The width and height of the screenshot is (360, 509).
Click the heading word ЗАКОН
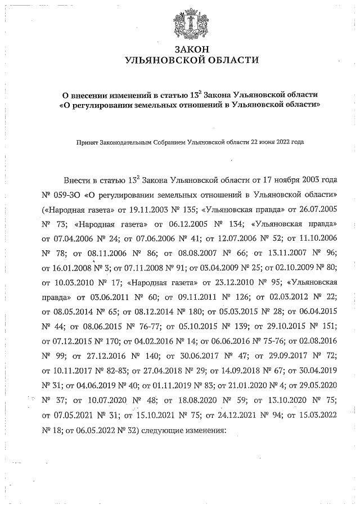(x=191, y=49)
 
